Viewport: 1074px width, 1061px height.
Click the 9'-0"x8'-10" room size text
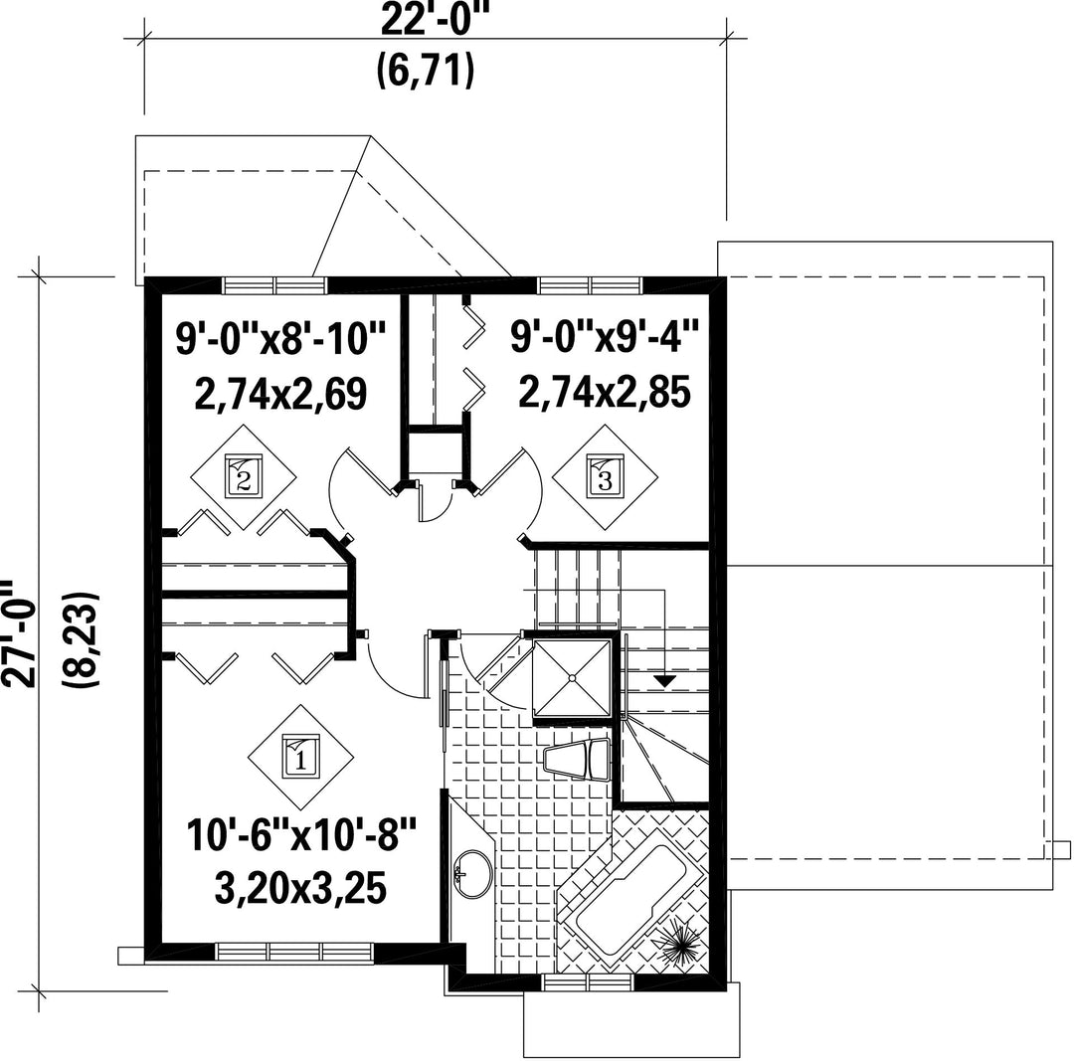point(281,339)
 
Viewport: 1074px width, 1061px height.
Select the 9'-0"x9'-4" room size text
point(605,337)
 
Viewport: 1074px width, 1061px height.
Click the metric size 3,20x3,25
point(300,888)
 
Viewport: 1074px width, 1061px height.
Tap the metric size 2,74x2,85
point(605,393)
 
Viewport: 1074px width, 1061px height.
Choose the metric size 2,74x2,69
point(280,394)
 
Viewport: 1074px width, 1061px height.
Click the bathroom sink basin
point(472,873)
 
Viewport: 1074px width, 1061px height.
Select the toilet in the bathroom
point(577,759)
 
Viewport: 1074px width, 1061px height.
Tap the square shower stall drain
point(571,678)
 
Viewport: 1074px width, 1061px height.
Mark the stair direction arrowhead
point(663,681)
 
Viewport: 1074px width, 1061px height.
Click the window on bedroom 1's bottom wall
point(294,952)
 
